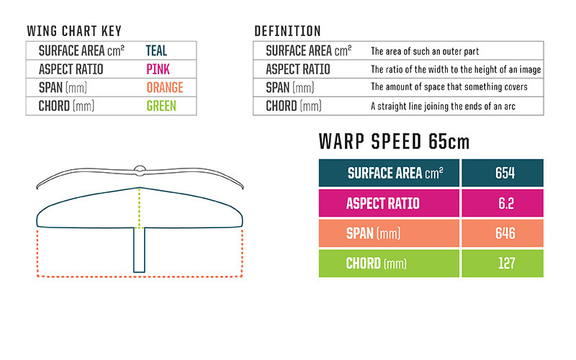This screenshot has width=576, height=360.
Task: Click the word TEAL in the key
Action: (156, 50)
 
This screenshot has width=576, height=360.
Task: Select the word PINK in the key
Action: (158, 69)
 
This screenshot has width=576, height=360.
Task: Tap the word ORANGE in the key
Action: (165, 87)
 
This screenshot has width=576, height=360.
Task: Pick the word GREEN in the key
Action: (161, 106)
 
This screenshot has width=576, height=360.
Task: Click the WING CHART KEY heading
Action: (74, 31)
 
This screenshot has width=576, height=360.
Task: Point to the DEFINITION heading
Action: (287, 31)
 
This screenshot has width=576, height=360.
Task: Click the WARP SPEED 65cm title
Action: (394, 141)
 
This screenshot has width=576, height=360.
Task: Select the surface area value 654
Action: (505, 173)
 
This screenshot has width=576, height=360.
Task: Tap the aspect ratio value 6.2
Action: (506, 203)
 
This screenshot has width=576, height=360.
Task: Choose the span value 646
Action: (505, 233)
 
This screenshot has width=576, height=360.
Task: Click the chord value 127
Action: (506, 264)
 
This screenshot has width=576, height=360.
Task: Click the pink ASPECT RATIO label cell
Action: (389, 203)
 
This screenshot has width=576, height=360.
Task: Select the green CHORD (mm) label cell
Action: (389, 264)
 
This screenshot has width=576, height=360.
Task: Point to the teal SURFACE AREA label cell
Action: (389, 173)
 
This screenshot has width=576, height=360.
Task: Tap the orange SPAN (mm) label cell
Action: (389, 233)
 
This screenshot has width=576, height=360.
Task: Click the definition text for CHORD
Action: (443, 106)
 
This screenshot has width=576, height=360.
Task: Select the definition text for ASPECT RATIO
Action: (456, 69)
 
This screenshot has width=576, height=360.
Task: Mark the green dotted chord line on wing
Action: (139, 208)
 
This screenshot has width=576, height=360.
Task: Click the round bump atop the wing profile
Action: (140, 169)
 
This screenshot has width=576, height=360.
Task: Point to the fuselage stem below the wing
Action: (139, 250)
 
